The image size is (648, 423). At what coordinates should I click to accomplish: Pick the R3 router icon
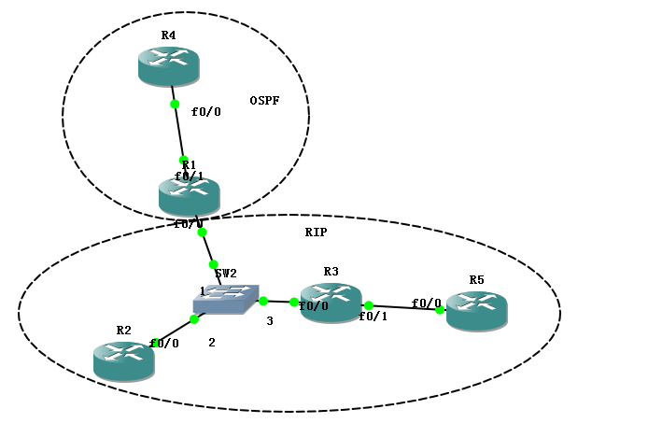pyautogui.click(x=331, y=303)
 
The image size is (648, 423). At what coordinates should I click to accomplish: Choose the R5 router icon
pyautogui.click(x=476, y=311)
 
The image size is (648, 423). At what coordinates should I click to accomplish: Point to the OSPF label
pyautogui.click(x=265, y=101)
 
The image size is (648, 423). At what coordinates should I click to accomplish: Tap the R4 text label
pyautogui.click(x=168, y=35)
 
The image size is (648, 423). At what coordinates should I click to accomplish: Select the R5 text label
pyautogui.click(x=476, y=279)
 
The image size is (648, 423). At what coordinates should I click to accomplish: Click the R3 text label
pyautogui.click(x=331, y=272)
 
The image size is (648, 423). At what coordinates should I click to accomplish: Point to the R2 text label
pyautogui.click(x=123, y=331)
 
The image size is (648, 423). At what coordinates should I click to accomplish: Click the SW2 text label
pyautogui.click(x=226, y=274)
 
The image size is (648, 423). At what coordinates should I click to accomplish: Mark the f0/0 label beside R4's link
pyautogui.click(x=206, y=112)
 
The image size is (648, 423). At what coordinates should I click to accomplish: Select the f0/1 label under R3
pyautogui.click(x=373, y=317)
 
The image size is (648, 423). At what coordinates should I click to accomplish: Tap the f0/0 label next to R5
pyautogui.click(x=426, y=303)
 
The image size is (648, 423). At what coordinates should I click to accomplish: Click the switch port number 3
pyautogui.click(x=270, y=322)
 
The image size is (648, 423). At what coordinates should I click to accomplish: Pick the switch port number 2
pyautogui.click(x=212, y=343)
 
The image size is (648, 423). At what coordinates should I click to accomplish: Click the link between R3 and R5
pyautogui.click(x=404, y=307)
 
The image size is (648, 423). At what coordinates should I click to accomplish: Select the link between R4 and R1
pyautogui.click(x=178, y=131)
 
